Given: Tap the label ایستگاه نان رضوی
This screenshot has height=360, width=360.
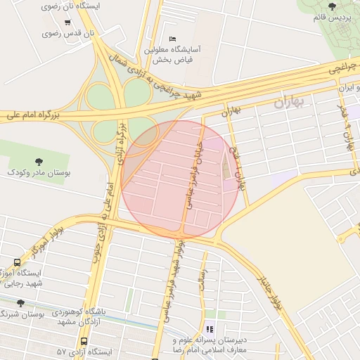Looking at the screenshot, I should point(72,6).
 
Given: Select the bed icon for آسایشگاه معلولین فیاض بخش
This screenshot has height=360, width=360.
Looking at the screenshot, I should point(173,38).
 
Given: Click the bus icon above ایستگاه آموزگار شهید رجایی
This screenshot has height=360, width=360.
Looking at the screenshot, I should point(17,262).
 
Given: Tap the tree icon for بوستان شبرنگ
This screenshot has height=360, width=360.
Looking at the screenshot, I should point(20,303).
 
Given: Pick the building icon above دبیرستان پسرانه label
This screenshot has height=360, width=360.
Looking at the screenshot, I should point(209,329).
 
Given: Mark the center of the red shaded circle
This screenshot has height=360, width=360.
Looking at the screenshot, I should point(180,179).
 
